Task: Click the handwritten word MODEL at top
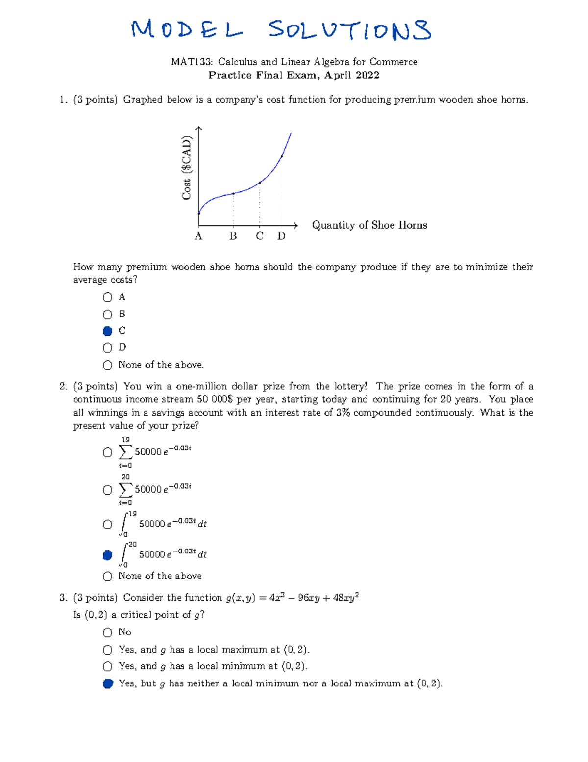pos(186,30)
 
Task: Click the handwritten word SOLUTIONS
pos(350,30)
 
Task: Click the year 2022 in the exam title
pos(368,75)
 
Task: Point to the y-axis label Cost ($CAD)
pos(187,168)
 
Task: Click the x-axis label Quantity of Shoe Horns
pos(369,225)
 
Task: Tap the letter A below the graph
pos(198,236)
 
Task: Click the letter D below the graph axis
pos(281,236)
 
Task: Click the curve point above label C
pos(260,183)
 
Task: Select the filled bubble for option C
pos(108,331)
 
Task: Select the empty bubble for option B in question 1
pos(108,315)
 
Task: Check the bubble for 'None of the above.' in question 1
pos(108,365)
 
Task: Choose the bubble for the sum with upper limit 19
pos(108,452)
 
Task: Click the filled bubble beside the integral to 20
pos(108,555)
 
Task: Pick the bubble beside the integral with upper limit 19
pos(108,525)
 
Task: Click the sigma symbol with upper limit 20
pos(125,490)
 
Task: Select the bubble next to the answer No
pos(108,633)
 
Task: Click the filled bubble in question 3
pos(108,684)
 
